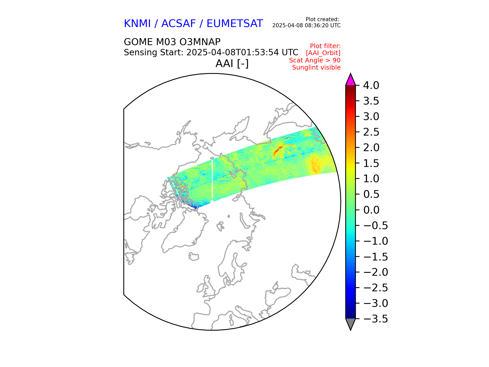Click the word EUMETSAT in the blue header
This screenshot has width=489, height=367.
(235, 24)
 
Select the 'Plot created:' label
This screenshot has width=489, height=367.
(322, 19)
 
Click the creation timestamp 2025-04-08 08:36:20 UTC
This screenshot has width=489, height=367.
(306, 25)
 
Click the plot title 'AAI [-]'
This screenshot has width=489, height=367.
(232, 63)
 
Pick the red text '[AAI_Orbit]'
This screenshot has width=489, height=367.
(323, 53)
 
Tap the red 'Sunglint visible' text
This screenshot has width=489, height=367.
(316, 68)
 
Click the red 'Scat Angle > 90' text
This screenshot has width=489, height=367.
(315, 60)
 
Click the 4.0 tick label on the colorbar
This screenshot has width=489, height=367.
(371, 86)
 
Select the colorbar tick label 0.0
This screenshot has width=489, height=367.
(371, 210)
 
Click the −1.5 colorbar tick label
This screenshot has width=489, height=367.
(375, 257)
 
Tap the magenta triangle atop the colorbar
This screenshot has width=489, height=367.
(350, 80)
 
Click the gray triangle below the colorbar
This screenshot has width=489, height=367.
(350, 323)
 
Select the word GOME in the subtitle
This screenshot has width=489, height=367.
(138, 42)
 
